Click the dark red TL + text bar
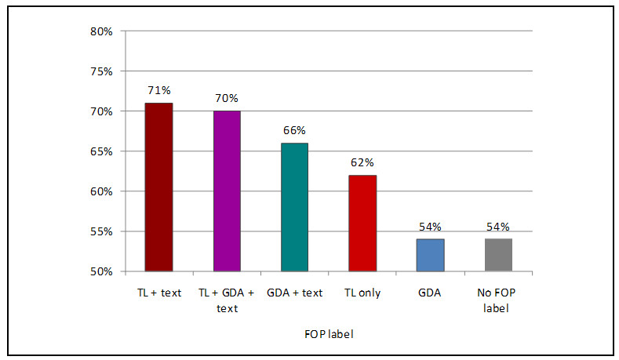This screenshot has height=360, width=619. click(158, 187)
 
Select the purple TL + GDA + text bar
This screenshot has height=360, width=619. click(227, 191)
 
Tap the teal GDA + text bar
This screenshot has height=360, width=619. click(295, 207)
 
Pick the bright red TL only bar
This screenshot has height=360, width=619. click(362, 223)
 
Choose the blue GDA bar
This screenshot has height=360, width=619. click(430, 255)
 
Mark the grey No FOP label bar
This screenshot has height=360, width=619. click(498, 255)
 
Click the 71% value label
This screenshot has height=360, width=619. click(158, 90)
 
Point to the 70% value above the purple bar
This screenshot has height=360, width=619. click(227, 98)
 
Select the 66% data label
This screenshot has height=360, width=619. click(295, 130)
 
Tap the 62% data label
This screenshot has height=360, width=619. click(362, 162)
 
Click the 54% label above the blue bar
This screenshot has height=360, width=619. click(430, 227)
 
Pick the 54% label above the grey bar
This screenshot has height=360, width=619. click(498, 227)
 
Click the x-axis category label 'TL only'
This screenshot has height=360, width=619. click(362, 293)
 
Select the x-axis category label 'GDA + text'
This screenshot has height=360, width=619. click(295, 293)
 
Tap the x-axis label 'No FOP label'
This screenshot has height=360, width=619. click(498, 300)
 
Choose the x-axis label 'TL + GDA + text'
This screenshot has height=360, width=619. click(227, 300)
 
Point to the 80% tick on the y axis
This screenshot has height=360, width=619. click(102, 31)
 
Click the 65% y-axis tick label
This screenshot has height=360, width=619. click(102, 151)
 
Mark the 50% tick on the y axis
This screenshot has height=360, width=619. click(102, 272)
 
